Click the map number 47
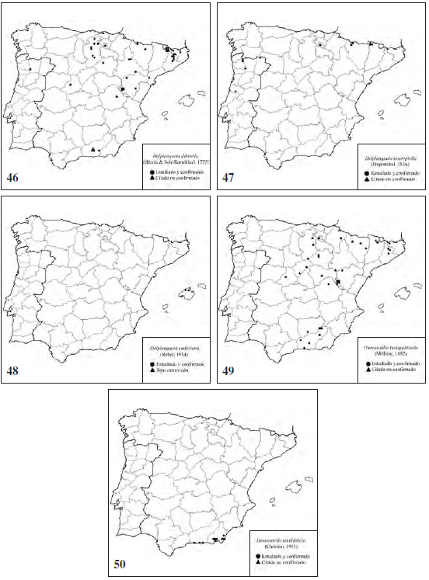[x=228, y=179]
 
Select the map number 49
[x=228, y=371]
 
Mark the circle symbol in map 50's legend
[x=256, y=557]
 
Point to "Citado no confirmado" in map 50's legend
[x=284, y=564]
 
